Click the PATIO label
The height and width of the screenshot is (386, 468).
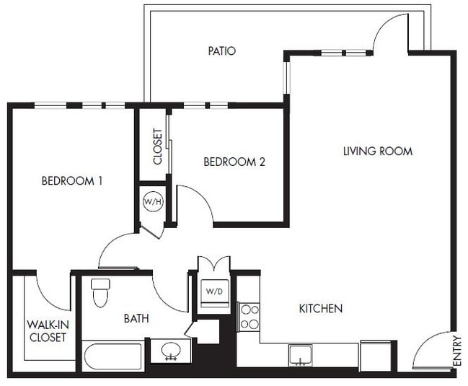coord(222,51)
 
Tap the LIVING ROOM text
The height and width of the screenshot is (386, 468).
coord(377,152)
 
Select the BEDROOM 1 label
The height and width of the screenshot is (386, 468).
coord(71,181)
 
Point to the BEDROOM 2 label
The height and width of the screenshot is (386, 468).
coord(234,162)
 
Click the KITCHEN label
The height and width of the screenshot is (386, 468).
coord(320,309)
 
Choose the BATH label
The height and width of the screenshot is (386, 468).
coord(136,318)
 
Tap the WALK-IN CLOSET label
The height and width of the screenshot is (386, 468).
coord(47,331)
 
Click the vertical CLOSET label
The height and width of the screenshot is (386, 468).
coord(157,147)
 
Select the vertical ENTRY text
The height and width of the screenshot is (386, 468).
coord(456,351)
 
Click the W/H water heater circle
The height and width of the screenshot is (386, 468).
coord(153,201)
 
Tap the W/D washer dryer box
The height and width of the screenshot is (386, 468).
coord(214,292)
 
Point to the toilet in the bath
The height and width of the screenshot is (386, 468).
coord(100,291)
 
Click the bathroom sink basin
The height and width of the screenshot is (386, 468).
coord(172,351)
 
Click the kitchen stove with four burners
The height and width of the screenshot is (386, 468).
coord(249,317)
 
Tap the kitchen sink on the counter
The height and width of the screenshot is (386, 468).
coord(301,355)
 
